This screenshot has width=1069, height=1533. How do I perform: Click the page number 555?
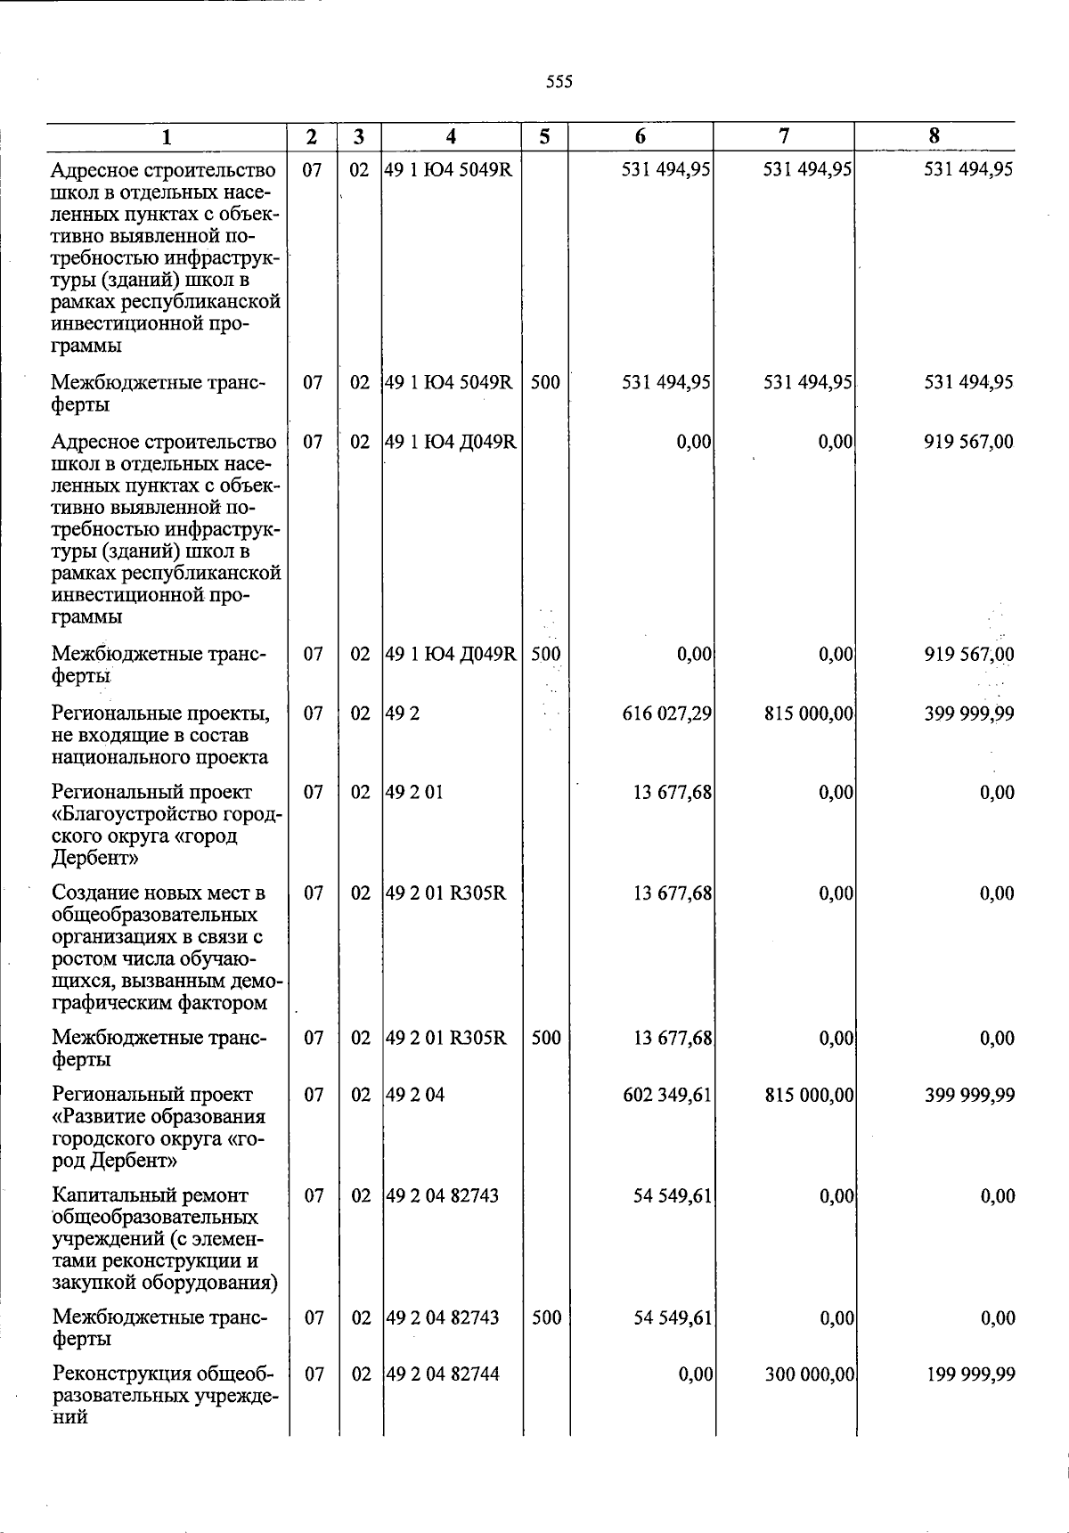click(x=559, y=82)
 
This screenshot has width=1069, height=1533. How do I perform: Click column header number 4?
click(x=452, y=136)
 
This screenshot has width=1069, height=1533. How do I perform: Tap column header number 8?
click(x=934, y=135)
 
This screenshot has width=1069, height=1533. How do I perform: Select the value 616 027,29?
click(x=666, y=713)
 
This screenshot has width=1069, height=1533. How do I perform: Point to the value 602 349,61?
click(x=667, y=1095)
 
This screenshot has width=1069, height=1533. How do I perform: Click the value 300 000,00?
click(x=810, y=1374)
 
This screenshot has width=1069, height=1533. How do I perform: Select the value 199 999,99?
click(x=969, y=1374)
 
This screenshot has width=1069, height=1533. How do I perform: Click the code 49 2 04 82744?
click(x=442, y=1374)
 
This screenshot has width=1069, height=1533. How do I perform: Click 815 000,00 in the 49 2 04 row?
click(x=810, y=1095)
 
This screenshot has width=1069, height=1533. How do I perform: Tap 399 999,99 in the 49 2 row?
click(x=969, y=713)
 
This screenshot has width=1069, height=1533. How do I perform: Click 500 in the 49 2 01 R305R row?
click(x=546, y=1038)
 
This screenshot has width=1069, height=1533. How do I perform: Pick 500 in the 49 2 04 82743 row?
click(x=546, y=1317)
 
